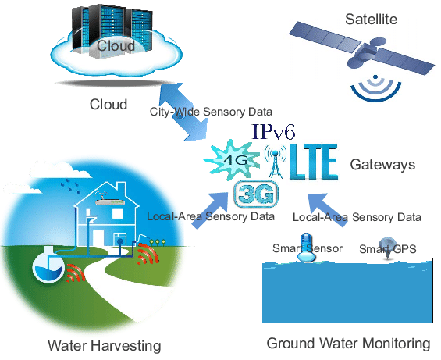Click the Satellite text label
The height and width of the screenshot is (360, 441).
371,20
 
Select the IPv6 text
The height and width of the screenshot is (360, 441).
273,132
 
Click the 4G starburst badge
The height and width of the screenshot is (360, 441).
232,160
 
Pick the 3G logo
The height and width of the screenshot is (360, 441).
256,194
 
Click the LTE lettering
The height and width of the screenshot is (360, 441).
313,162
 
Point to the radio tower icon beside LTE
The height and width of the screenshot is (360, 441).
275,162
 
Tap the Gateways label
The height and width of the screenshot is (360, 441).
382,164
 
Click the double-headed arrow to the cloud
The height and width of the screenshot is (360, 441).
183,112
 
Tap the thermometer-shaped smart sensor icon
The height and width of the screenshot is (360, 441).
306,248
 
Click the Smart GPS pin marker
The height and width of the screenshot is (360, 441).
387,248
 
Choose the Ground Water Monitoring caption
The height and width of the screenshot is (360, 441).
348,344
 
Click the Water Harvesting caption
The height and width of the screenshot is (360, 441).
105,345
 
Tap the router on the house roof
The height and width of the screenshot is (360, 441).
109,201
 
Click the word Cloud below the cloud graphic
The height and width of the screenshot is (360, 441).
108,105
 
